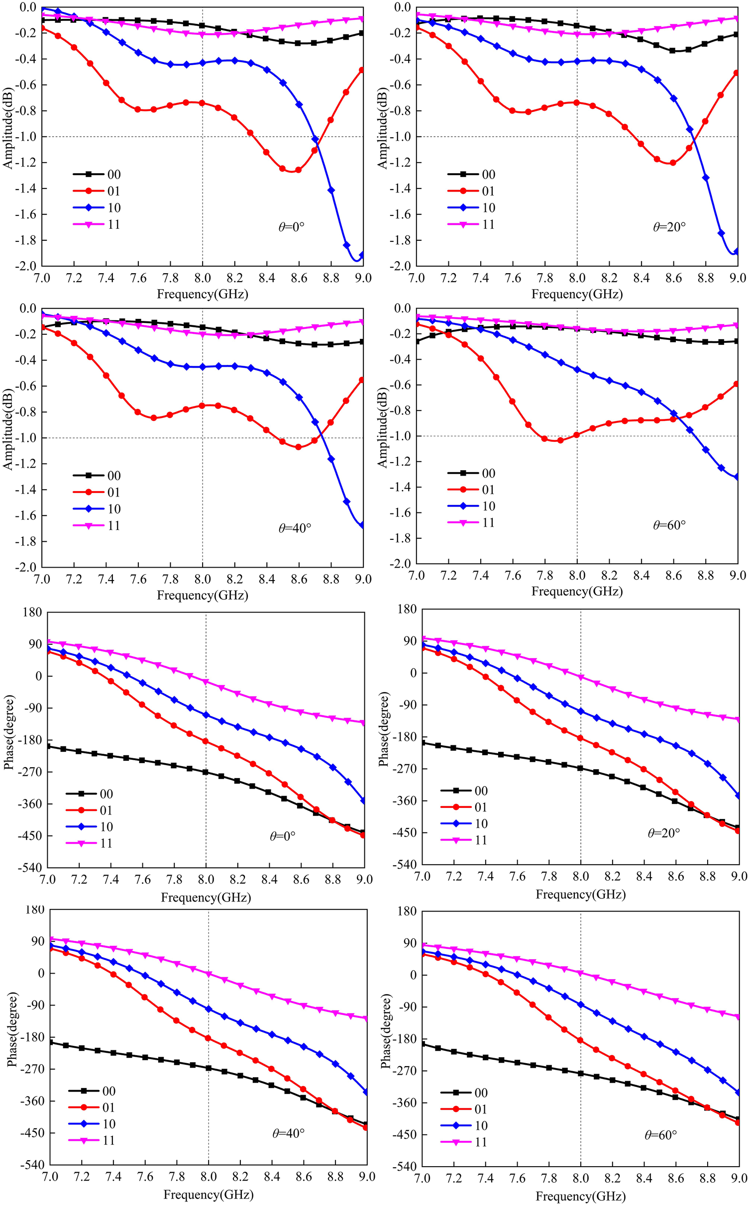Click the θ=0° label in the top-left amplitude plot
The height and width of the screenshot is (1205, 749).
point(291,227)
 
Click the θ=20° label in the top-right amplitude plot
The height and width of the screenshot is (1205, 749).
point(669,227)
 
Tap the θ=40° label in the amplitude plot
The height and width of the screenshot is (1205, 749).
point(295,528)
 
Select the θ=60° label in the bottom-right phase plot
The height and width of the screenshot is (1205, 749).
point(660,1135)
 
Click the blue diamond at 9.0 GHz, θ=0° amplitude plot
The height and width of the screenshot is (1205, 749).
point(362,255)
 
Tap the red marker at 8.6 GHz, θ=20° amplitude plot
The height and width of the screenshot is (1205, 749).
point(673,163)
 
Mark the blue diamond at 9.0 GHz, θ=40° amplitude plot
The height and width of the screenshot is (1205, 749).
point(362,525)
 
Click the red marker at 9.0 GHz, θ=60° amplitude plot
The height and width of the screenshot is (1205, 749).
point(736,384)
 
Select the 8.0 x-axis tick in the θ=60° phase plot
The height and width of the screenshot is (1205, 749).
point(580,1178)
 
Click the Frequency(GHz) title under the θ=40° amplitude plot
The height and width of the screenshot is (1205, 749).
point(202,595)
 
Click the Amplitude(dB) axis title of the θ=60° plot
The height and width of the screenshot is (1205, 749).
point(382,428)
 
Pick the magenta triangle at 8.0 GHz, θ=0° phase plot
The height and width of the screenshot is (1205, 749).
point(206,682)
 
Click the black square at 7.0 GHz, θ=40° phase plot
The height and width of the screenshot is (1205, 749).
point(50,1042)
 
